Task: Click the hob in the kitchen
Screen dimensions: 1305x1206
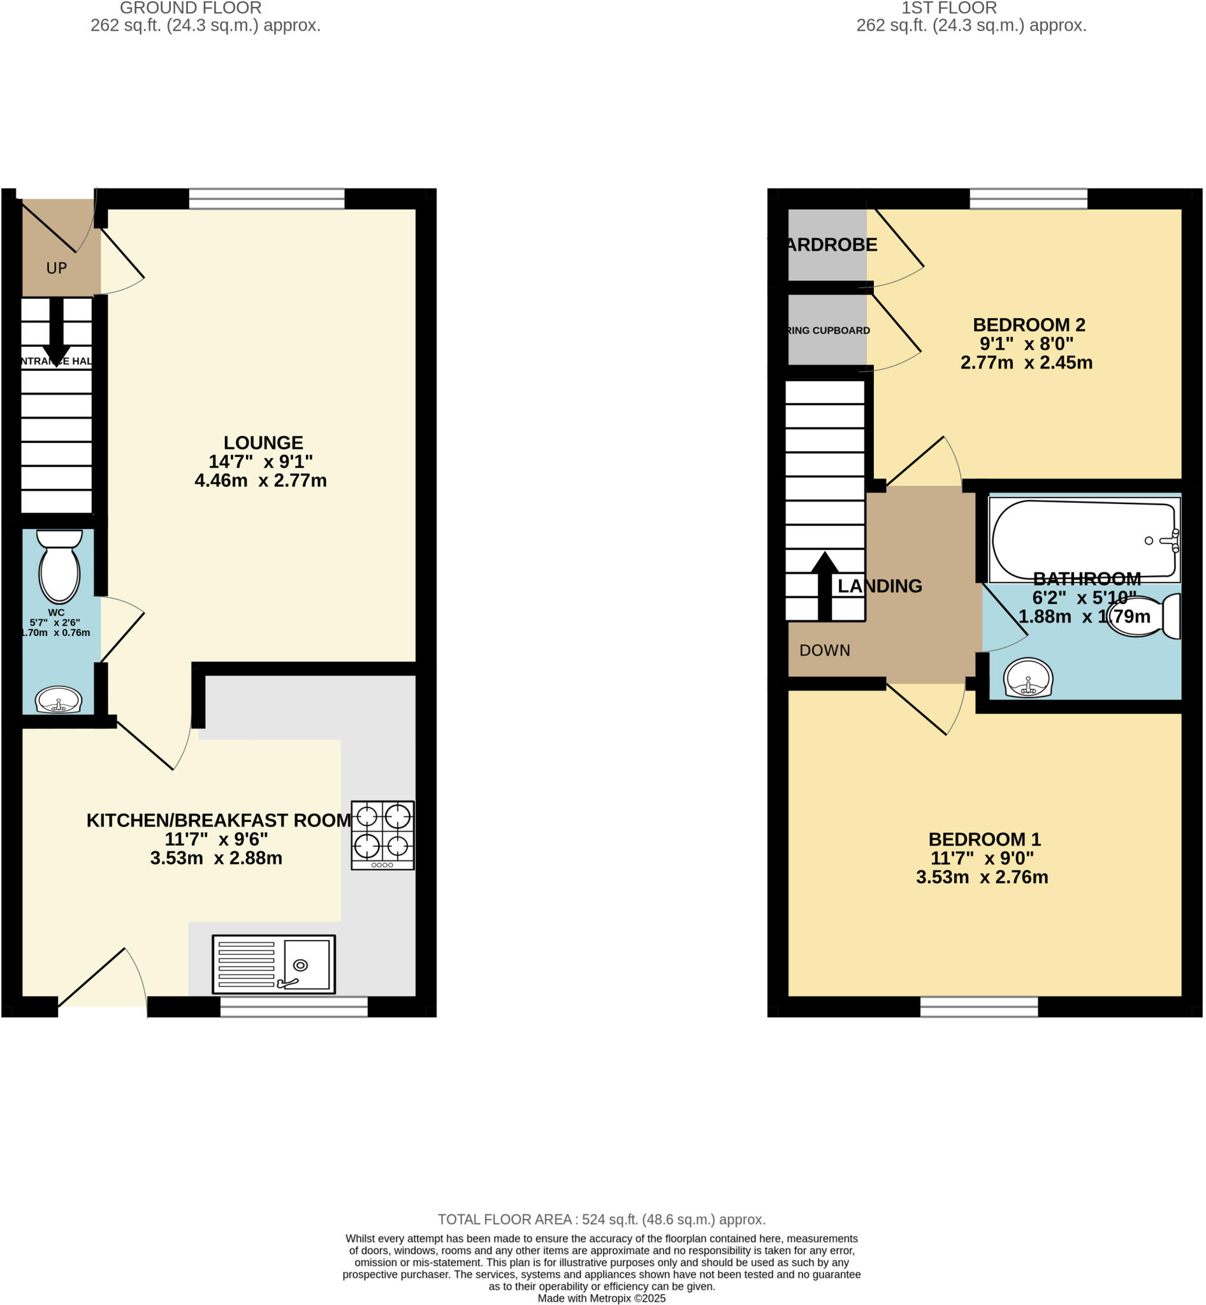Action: coord(382,835)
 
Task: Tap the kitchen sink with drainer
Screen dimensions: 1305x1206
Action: coord(273,963)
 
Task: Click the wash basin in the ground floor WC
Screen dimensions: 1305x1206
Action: coord(59,700)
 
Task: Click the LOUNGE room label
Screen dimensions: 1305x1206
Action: coord(263,443)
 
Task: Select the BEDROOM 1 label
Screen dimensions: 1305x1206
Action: coord(984,839)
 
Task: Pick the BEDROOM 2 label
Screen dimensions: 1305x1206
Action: coord(1029,325)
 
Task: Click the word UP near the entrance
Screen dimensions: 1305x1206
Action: coord(57,268)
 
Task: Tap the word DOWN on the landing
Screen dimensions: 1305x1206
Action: coord(824,651)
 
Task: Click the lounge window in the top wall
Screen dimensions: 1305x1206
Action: coord(267,198)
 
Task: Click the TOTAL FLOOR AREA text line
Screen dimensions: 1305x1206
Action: coord(601,1220)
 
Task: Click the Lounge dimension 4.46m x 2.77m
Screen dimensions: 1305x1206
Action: coord(260,481)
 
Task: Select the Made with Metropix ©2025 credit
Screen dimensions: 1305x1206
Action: coord(601,1299)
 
